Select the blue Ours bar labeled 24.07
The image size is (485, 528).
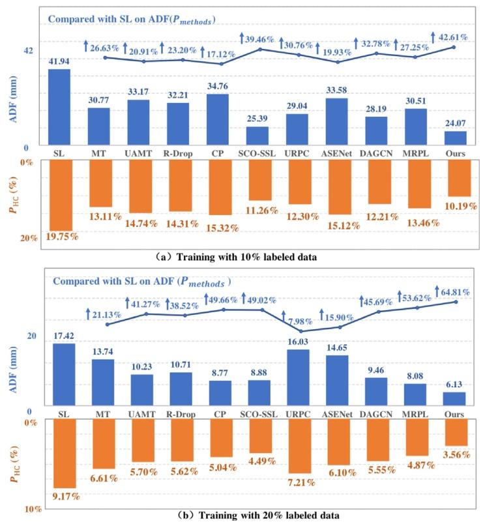click(456, 139)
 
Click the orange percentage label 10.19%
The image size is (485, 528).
click(458, 205)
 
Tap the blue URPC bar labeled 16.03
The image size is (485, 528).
click(298, 378)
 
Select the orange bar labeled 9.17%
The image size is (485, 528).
click(64, 454)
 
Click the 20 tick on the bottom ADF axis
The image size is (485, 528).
click(29, 336)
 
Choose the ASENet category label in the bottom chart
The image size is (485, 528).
click(337, 414)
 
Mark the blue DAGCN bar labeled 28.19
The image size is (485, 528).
click(377, 131)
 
